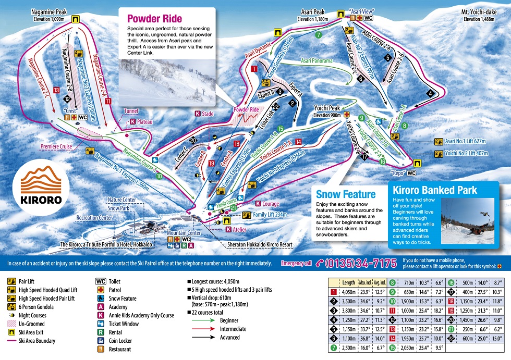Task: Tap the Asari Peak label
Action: [313, 11]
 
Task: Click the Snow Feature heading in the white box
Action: [346, 194]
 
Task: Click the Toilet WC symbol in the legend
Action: [101, 281]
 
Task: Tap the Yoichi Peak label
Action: [327, 108]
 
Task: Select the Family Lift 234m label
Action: [273, 214]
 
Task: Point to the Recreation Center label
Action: [94, 217]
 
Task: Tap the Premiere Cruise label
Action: [57, 147]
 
